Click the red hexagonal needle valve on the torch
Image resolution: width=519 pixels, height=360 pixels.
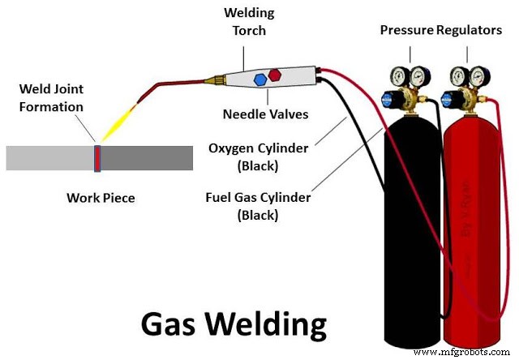pyautogui.click(x=277, y=74)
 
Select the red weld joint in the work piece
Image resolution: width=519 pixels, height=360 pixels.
pyautogui.click(x=97, y=157)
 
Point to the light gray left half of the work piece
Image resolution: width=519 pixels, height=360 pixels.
pyautogui.click(x=49, y=157)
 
